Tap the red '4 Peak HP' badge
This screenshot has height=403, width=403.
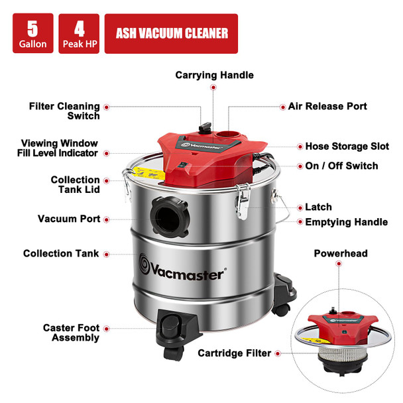79,34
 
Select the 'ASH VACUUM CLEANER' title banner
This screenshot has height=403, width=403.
172,34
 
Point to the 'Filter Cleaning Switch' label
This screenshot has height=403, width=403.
64,111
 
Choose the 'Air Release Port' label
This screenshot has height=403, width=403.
327,106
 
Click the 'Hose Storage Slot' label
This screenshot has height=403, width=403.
347,146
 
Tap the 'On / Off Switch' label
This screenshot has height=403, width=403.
341,166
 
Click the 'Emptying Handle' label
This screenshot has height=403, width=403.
346,222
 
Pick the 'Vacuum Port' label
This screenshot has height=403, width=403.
69,219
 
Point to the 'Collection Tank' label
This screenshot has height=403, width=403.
62,253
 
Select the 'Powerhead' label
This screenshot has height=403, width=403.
340,253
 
